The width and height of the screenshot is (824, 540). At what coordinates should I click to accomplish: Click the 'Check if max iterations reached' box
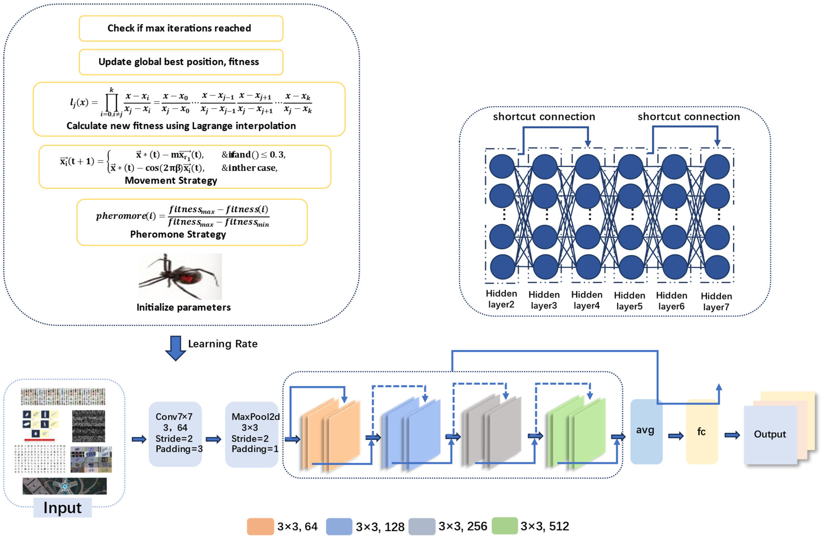(181, 28)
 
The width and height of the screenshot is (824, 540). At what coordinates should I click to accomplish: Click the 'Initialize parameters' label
(183, 308)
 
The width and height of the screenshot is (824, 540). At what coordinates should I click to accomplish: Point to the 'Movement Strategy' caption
(171, 181)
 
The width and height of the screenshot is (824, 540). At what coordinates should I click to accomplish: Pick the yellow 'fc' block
(701, 432)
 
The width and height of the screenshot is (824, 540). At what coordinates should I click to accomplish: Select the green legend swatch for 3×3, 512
(505, 526)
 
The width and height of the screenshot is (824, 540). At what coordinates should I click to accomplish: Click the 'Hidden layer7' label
(716, 301)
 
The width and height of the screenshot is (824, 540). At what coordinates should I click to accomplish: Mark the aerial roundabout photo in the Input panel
(65, 486)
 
